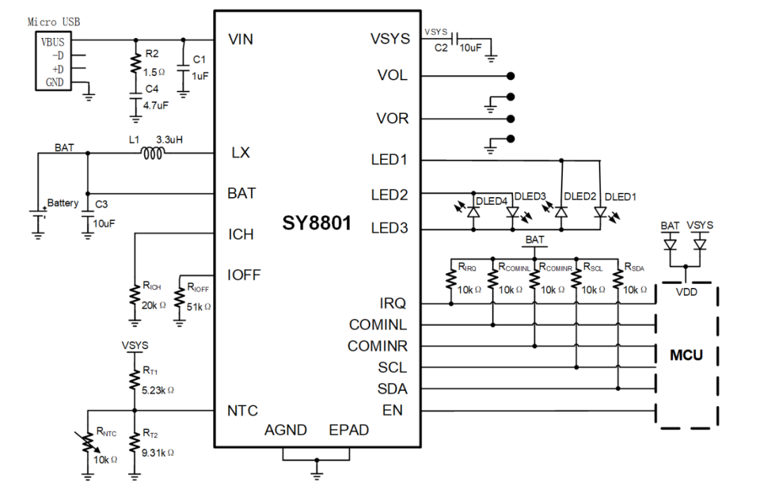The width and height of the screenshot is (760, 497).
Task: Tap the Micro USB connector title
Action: [53, 22]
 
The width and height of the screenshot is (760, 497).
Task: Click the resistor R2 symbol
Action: [134, 65]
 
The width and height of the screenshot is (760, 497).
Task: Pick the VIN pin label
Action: [241, 39]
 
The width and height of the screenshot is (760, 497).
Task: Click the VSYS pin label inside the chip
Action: [390, 39]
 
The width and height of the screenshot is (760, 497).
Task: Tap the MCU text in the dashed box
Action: [686, 354]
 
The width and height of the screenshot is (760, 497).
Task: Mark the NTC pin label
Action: [243, 410]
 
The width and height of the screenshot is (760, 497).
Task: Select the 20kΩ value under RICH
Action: [153, 304]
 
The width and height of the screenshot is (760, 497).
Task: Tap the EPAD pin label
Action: [348, 429]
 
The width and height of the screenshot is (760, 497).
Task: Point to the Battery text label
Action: [63, 203]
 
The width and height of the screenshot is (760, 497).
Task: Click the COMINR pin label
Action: [378, 346]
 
